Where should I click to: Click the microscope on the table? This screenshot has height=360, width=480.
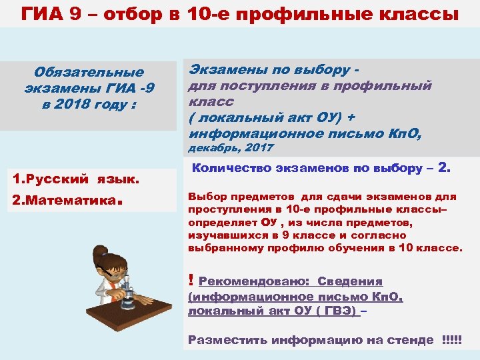click(127, 293)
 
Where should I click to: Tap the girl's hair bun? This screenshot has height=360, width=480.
click(100, 252)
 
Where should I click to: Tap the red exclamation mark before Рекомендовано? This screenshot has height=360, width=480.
click(191, 281)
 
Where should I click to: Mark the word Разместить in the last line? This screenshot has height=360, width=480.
click(220, 340)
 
